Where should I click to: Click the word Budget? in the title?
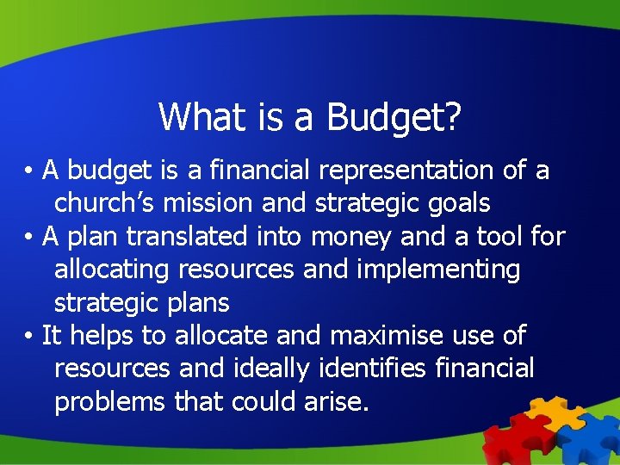(x=394, y=117)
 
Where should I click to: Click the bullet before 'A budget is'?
(x=29, y=171)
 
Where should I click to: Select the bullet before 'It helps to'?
(x=29, y=336)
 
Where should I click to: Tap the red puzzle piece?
(x=509, y=439)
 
